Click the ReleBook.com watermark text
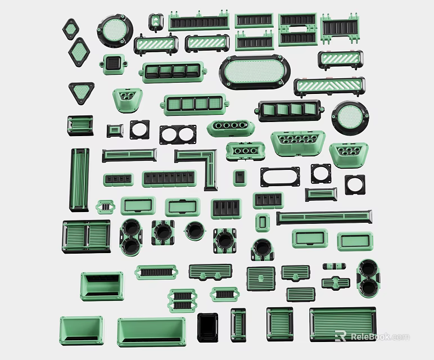pyautogui.click(x=379, y=337)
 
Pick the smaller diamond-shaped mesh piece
pyautogui.click(x=71, y=28)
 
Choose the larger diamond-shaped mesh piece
pyautogui.click(x=79, y=52)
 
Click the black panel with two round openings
pyautogui.click(x=178, y=134)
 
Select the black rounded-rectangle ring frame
pyautogui.click(x=280, y=177)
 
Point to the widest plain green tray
pyautogui.click(x=151, y=331)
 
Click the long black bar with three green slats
pyautogui.click(x=324, y=217)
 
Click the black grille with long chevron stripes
pyautogui.click(x=329, y=86)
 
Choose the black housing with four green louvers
pyautogui.click(x=289, y=110)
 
